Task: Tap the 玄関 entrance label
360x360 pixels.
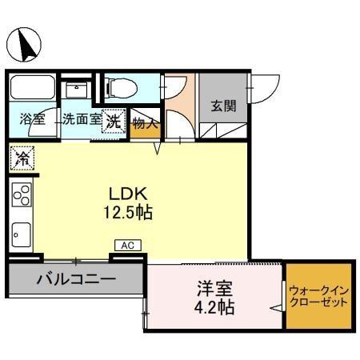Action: point(223,106)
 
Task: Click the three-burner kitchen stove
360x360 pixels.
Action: point(22,195)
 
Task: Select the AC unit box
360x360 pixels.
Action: point(127,246)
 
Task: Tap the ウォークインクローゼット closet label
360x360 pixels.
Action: point(318,297)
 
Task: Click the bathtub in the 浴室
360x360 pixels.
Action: point(33,87)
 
